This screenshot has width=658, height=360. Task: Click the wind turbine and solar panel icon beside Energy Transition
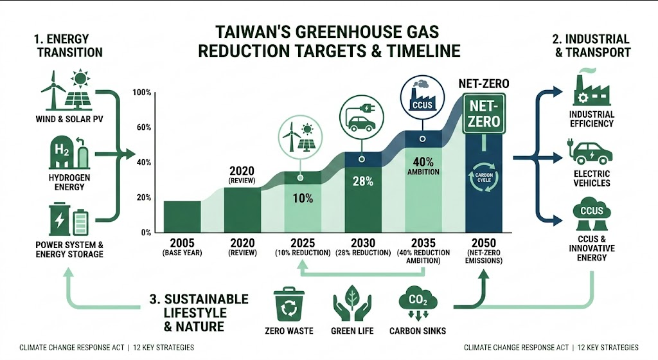click(x=66, y=90)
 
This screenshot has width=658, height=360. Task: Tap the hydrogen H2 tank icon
click(x=69, y=152)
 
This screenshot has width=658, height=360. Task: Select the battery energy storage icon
click(x=69, y=219)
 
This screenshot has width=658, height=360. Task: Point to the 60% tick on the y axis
click(x=143, y=127)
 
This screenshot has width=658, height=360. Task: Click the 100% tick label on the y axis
click(x=142, y=93)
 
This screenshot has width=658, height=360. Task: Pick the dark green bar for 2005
click(x=182, y=217)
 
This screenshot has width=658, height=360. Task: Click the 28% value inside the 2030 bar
click(x=363, y=181)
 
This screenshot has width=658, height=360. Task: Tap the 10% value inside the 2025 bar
click(x=303, y=198)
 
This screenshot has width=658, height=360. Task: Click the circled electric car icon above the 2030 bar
click(x=362, y=117)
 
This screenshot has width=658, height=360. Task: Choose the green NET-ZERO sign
click(x=484, y=114)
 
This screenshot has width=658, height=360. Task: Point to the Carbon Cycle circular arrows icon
click(x=483, y=177)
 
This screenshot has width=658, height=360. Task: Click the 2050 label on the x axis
click(x=483, y=243)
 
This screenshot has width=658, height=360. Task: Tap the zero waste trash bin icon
click(x=289, y=304)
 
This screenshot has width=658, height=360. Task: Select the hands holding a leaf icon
click(x=352, y=303)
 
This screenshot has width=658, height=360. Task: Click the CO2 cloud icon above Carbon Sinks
click(x=418, y=303)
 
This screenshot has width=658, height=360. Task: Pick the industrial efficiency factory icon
click(x=591, y=87)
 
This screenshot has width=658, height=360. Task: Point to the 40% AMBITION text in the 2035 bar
click(x=423, y=166)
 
